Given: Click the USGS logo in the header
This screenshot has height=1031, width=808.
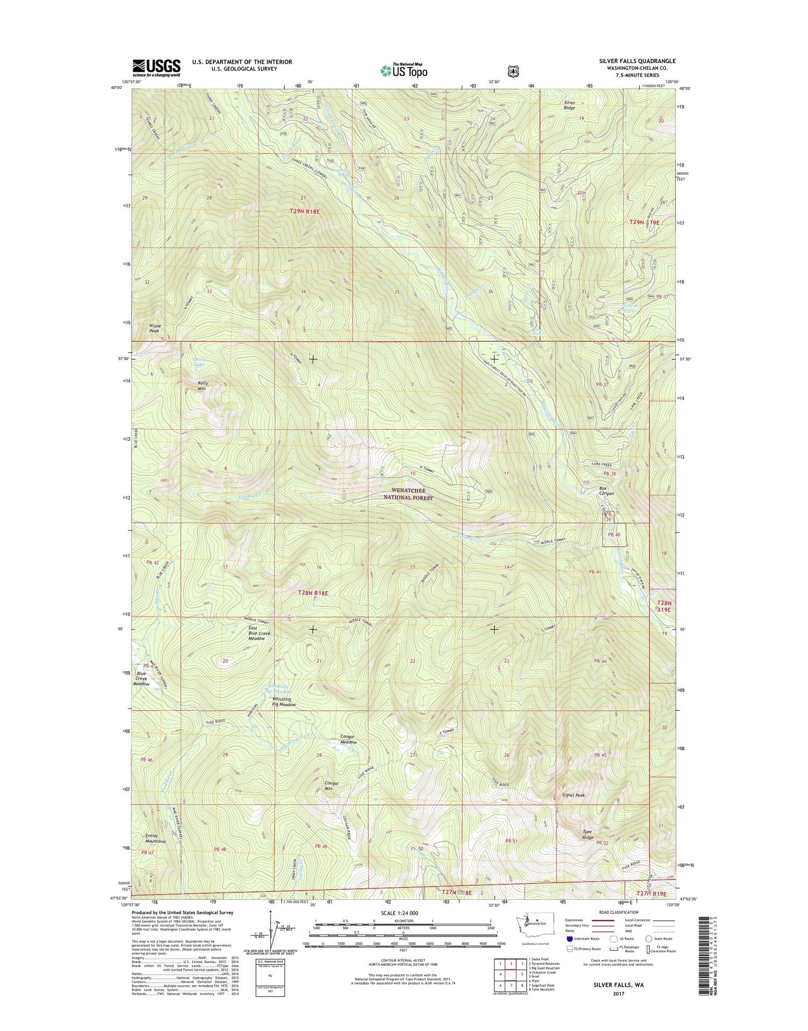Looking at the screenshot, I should coord(157,67).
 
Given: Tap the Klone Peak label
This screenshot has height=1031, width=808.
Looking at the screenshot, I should coord(155,328).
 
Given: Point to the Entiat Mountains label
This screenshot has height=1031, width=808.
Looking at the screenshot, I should coord(155,838).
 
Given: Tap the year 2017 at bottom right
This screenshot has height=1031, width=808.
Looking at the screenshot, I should coord(618,994).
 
